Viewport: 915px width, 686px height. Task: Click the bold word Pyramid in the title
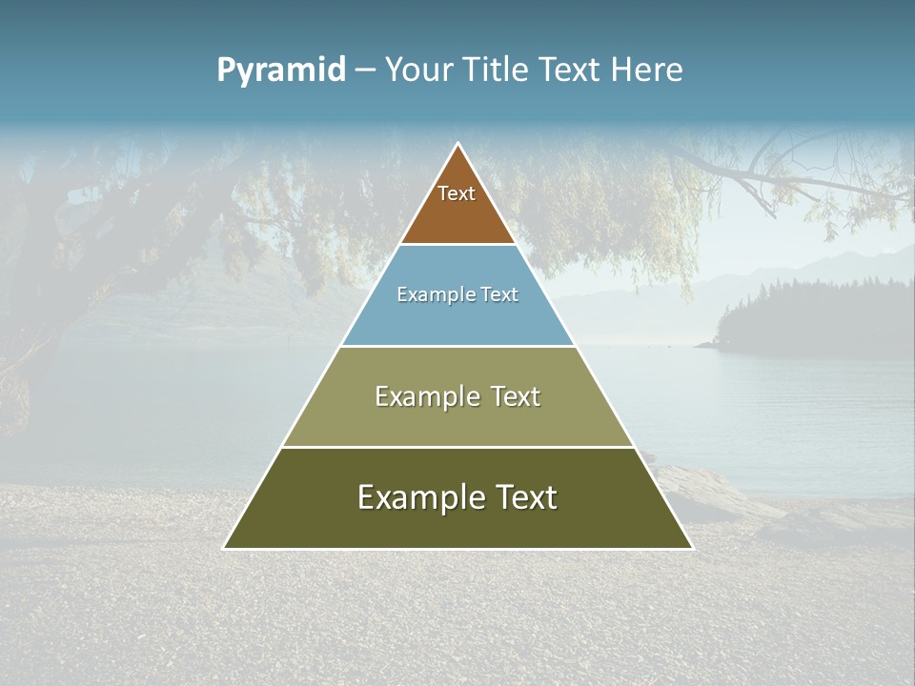click(x=281, y=71)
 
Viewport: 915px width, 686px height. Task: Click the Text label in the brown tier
click(x=457, y=193)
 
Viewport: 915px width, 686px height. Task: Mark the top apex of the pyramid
click(x=457, y=144)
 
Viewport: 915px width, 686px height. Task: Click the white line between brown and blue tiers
click(x=457, y=245)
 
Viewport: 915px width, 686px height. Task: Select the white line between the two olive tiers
click(x=457, y=447)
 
